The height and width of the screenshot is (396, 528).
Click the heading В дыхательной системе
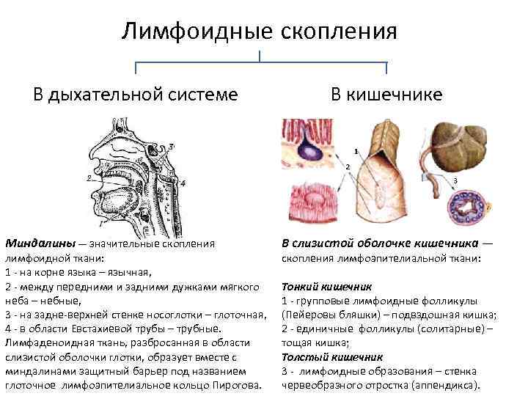tap(134, 95)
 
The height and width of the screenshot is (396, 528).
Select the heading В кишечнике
tap(386, 95)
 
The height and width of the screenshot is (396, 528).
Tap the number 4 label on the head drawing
tap(183, 183)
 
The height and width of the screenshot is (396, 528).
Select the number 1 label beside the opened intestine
tap(356, 152)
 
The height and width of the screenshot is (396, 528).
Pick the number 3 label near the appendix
tap(455, 180)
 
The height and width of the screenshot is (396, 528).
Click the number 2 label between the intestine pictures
tap(347, 167)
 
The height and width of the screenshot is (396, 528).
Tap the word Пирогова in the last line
tap(237, 384)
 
